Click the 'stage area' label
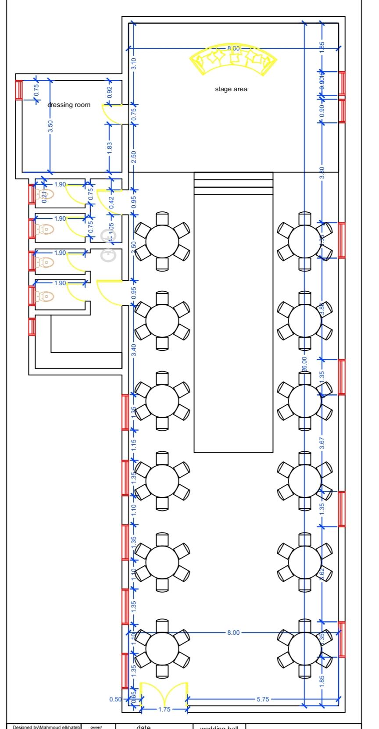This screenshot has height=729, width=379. (231, 89)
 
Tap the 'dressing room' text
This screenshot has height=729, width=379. (69, 105)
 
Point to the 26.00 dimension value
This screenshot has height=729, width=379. (304, 364)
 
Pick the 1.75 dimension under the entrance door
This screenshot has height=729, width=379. (164, 709)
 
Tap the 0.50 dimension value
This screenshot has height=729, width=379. (115, 699)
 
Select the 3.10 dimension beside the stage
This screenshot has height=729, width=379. (134, 64)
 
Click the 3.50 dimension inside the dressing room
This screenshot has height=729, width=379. (50, 126)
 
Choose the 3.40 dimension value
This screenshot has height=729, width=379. (134, 350)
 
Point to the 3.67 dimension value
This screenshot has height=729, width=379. (322, 443)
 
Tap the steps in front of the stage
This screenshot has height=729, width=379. (233, 184)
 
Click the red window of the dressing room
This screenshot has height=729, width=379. (19, 90)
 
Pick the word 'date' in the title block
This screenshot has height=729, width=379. (143, 726)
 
